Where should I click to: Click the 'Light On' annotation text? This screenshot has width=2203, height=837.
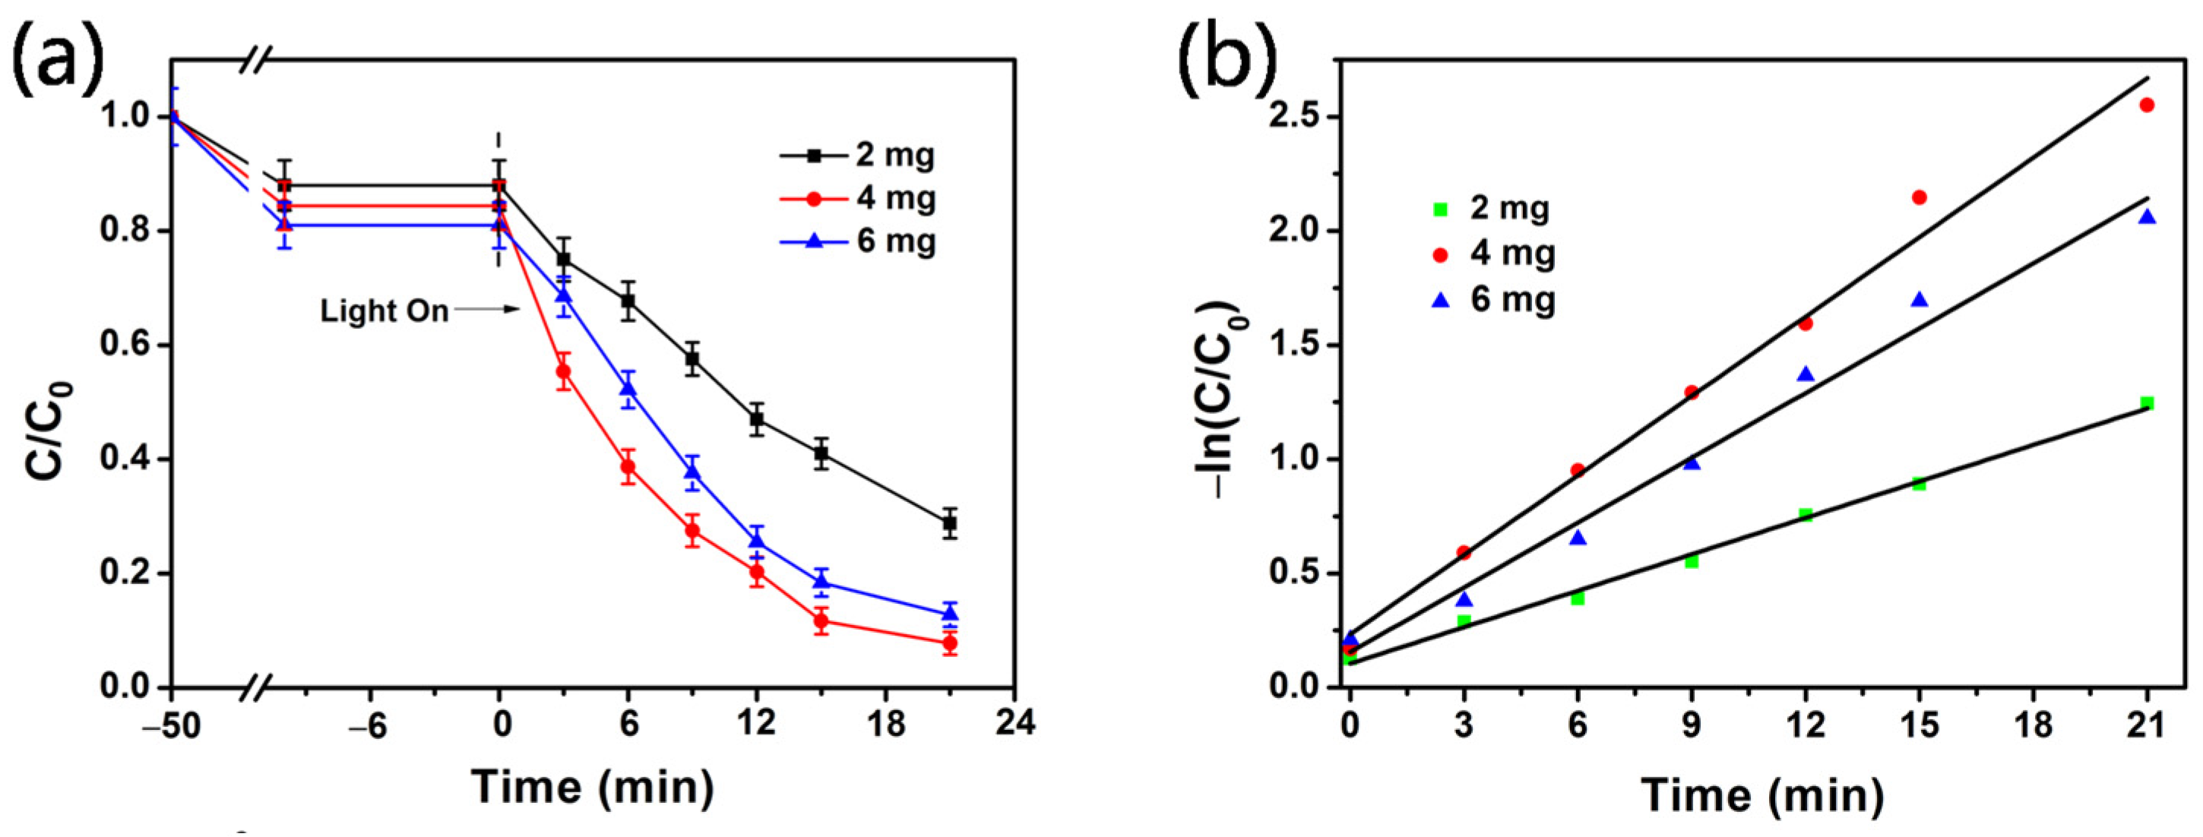[x=384, y=311]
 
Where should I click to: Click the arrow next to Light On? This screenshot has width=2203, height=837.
[x=486, y=309]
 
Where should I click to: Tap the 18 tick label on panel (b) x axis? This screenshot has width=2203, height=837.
[x=2033, y=726]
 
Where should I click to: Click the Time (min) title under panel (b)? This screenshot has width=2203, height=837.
[x=1761, y=796]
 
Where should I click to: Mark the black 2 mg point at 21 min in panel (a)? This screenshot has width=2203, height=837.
[x=949, y=523]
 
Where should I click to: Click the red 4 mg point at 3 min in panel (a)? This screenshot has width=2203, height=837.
[x=564, y=372]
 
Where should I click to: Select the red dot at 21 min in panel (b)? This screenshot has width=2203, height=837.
[x=2147, y=105]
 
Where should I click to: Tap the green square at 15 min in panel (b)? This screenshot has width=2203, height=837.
[x=1919, y=484]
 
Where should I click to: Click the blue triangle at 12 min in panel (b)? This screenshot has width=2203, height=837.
[x=1806, y=374]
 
